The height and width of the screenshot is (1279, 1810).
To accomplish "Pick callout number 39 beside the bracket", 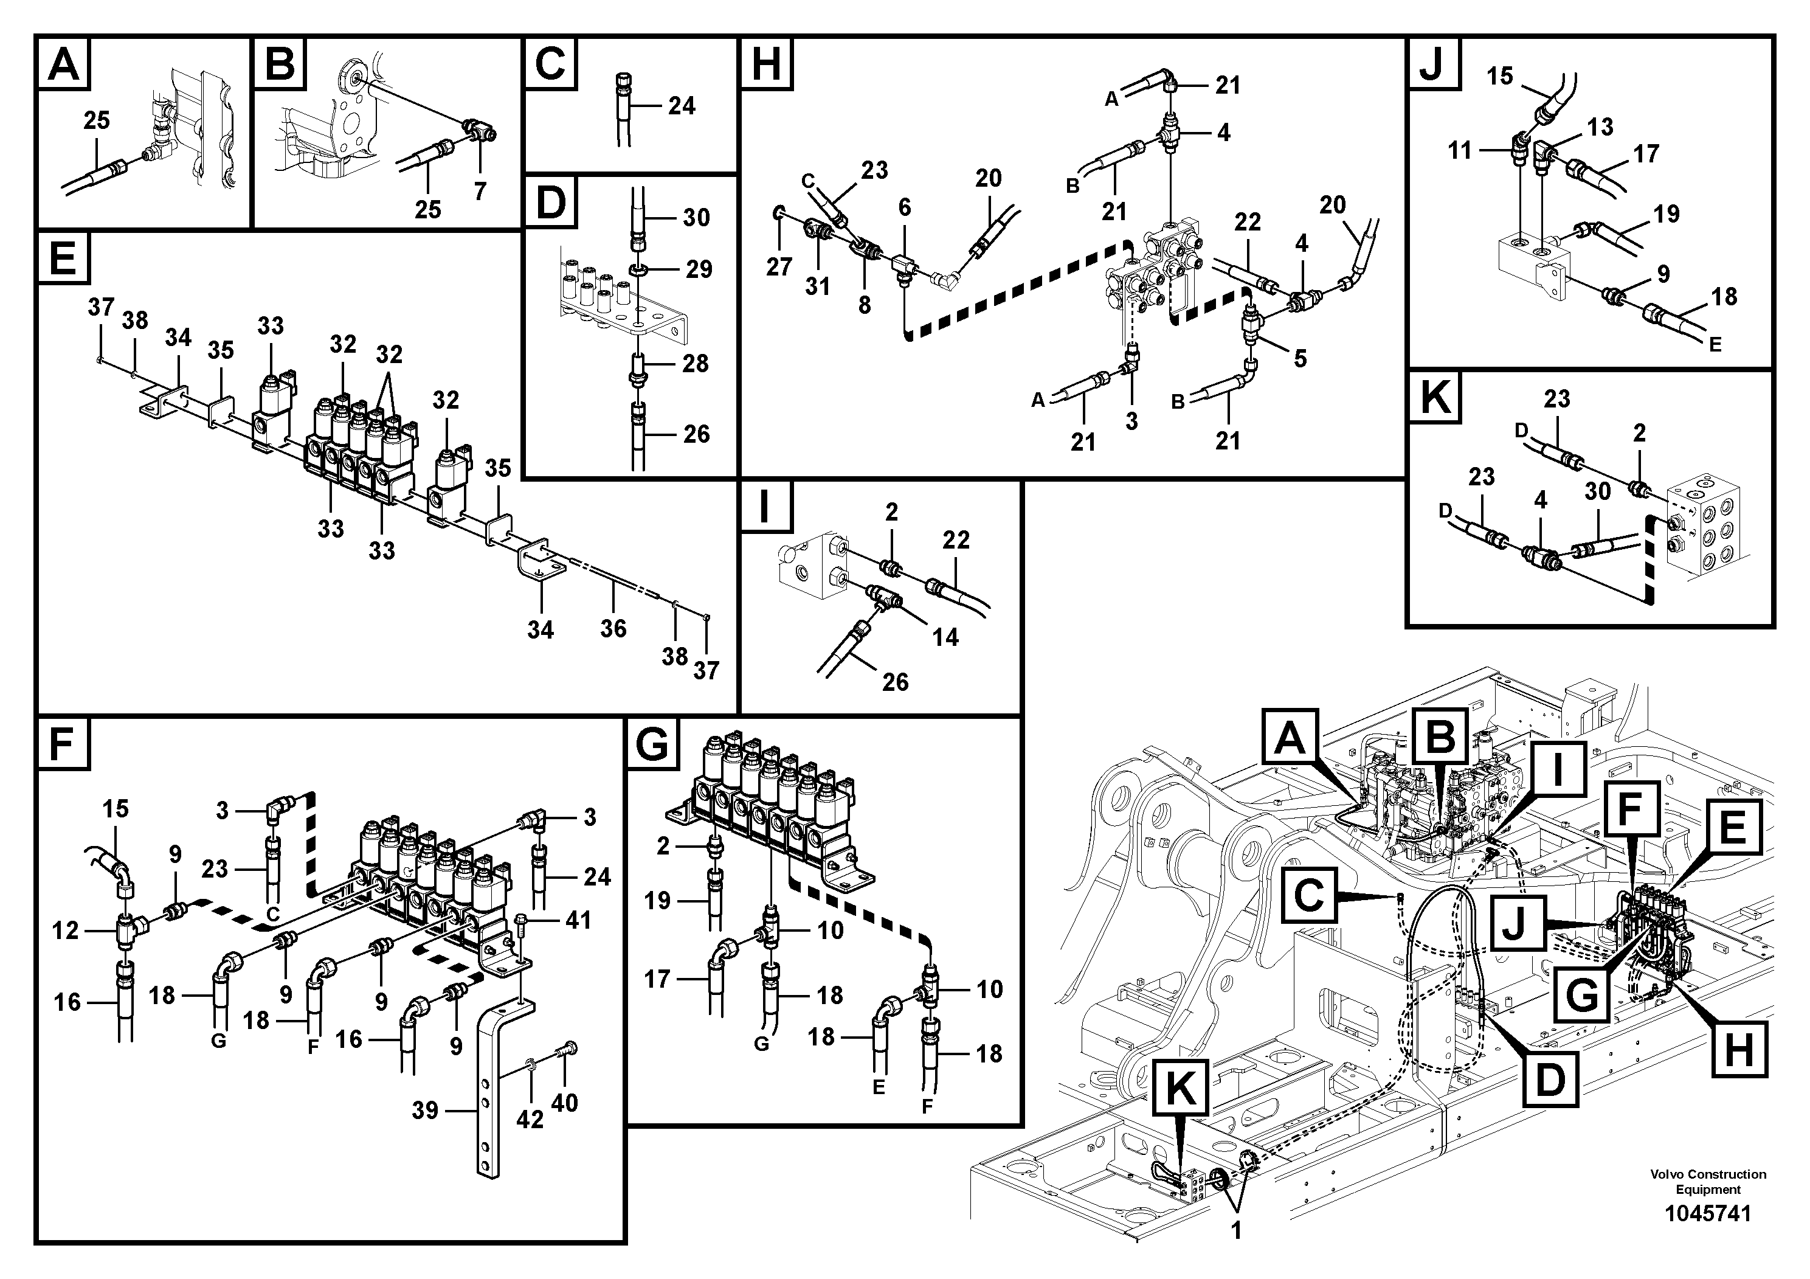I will [x=425, y=1111].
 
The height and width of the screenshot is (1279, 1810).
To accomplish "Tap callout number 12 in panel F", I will [x=66, y=931].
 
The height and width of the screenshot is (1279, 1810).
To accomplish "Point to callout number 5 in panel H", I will [x=1300, y=358].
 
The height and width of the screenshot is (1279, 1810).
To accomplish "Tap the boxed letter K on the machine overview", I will [x=1180, y=1090].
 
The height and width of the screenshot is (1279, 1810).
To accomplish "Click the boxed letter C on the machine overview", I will [x=1310, y=895].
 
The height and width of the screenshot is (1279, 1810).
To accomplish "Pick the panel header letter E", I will [x=62, y=258].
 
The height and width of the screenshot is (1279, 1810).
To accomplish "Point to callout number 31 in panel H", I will [x=818, y=286].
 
